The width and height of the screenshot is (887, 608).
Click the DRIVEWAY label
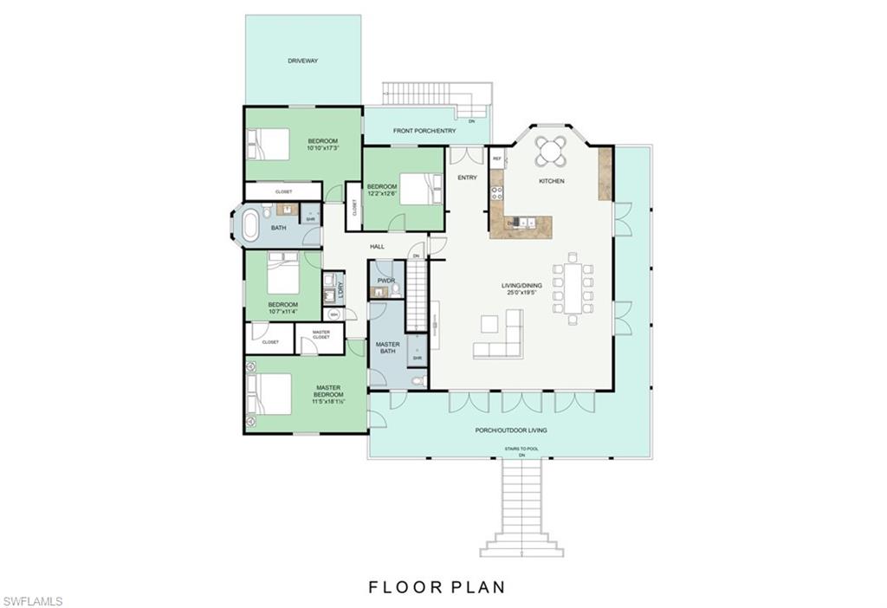click(x=303, y=61)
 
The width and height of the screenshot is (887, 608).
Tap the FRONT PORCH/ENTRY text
click(x=424, y=131)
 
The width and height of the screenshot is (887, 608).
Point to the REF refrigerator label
click(x=497, y=159)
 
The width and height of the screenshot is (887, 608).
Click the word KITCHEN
click(x=552, y=181)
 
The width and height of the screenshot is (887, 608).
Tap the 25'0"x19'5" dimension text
click(x=521, y=293)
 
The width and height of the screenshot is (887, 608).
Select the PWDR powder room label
click(x=385, y=281)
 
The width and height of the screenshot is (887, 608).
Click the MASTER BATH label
click(x=387, y=348)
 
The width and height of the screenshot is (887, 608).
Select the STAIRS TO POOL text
click(x=521, y=449)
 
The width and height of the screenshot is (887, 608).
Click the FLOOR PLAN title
click(x=437, y=587)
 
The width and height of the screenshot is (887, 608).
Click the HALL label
click(x=377, y=247)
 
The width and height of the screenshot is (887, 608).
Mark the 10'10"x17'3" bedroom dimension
click(x=322, y=148)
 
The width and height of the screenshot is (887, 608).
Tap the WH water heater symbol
click(x=334, y=314)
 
